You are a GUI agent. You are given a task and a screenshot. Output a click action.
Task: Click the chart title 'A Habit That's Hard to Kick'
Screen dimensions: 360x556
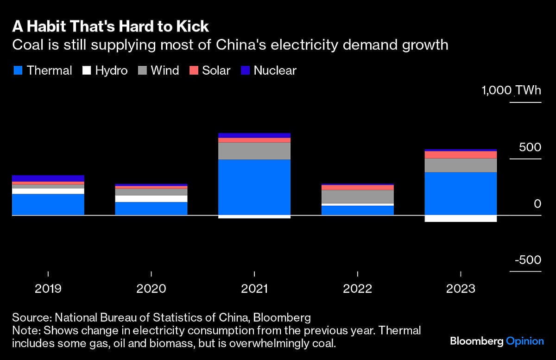110,26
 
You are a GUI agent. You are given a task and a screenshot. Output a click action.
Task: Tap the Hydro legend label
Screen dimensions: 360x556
111,70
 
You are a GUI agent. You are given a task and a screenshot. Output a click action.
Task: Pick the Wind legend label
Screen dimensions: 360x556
165,70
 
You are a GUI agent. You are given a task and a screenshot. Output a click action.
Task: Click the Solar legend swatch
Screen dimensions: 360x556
194,70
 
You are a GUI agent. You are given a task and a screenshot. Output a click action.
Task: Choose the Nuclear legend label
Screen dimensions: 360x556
275,70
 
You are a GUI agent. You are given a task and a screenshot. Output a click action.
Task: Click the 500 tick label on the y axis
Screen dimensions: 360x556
530,147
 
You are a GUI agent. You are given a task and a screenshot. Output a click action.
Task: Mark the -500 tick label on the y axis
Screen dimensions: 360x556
528,260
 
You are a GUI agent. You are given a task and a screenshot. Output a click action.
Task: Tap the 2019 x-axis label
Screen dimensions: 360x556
48,289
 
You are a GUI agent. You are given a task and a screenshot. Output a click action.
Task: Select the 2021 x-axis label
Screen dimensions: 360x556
254,289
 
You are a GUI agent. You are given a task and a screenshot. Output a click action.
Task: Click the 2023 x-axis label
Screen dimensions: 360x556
461,289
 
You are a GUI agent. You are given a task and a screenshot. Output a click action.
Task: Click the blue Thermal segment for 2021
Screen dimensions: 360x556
254,187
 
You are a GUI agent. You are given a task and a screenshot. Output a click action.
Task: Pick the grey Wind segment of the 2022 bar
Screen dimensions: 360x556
357,196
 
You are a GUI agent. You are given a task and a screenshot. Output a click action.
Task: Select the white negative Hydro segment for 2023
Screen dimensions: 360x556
461,219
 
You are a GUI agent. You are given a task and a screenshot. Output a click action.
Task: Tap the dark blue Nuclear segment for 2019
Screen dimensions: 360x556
48,178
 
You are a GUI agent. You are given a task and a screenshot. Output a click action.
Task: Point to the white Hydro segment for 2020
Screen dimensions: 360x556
152,199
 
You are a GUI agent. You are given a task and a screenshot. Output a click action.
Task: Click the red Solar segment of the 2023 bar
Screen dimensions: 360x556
461,155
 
